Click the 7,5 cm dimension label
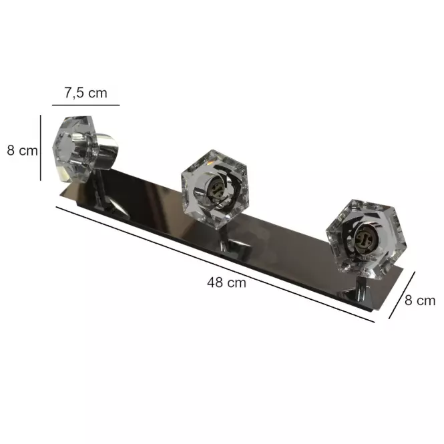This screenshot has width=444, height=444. pyautogui.click(x=86, y=93)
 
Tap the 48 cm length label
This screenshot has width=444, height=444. pyautogui.click(x=226, y=282)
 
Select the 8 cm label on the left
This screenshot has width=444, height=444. pyautogui.click(x=23, y=151)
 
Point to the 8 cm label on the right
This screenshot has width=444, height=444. pyautogui.click(x=420, y=300)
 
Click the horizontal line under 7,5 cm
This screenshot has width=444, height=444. pyautogui.click(x=86, y=105)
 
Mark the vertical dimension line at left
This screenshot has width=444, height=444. pyautogui.click(x=41, y=148)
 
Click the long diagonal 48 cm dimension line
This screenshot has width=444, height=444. pyautogui.click(x=215, y=264)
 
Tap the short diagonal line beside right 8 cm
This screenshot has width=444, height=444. pyautogui.click(x=402, y=295)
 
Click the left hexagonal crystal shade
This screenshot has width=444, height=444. pyautogui.click(x=75, y=148)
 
